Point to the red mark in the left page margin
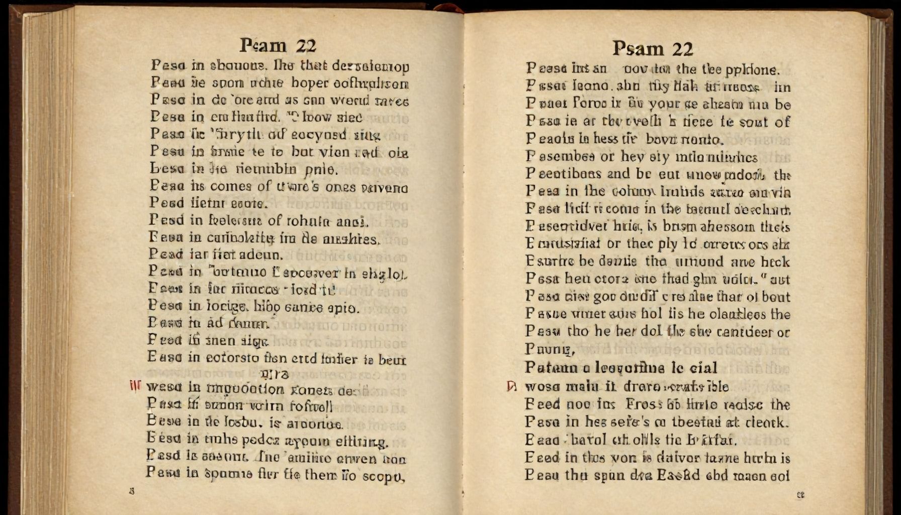pyautogui.click(x=135, y=386)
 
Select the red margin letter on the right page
pyautogui.click(x=511, y=386)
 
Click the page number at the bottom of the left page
pyautogui.click(x=132, y=491)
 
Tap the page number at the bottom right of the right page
pyautogui.click(x=800, y=495)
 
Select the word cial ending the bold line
pyautogui.click(x=703, y=368)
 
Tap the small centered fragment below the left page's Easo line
pyautogui.click(x=275, y=374)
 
